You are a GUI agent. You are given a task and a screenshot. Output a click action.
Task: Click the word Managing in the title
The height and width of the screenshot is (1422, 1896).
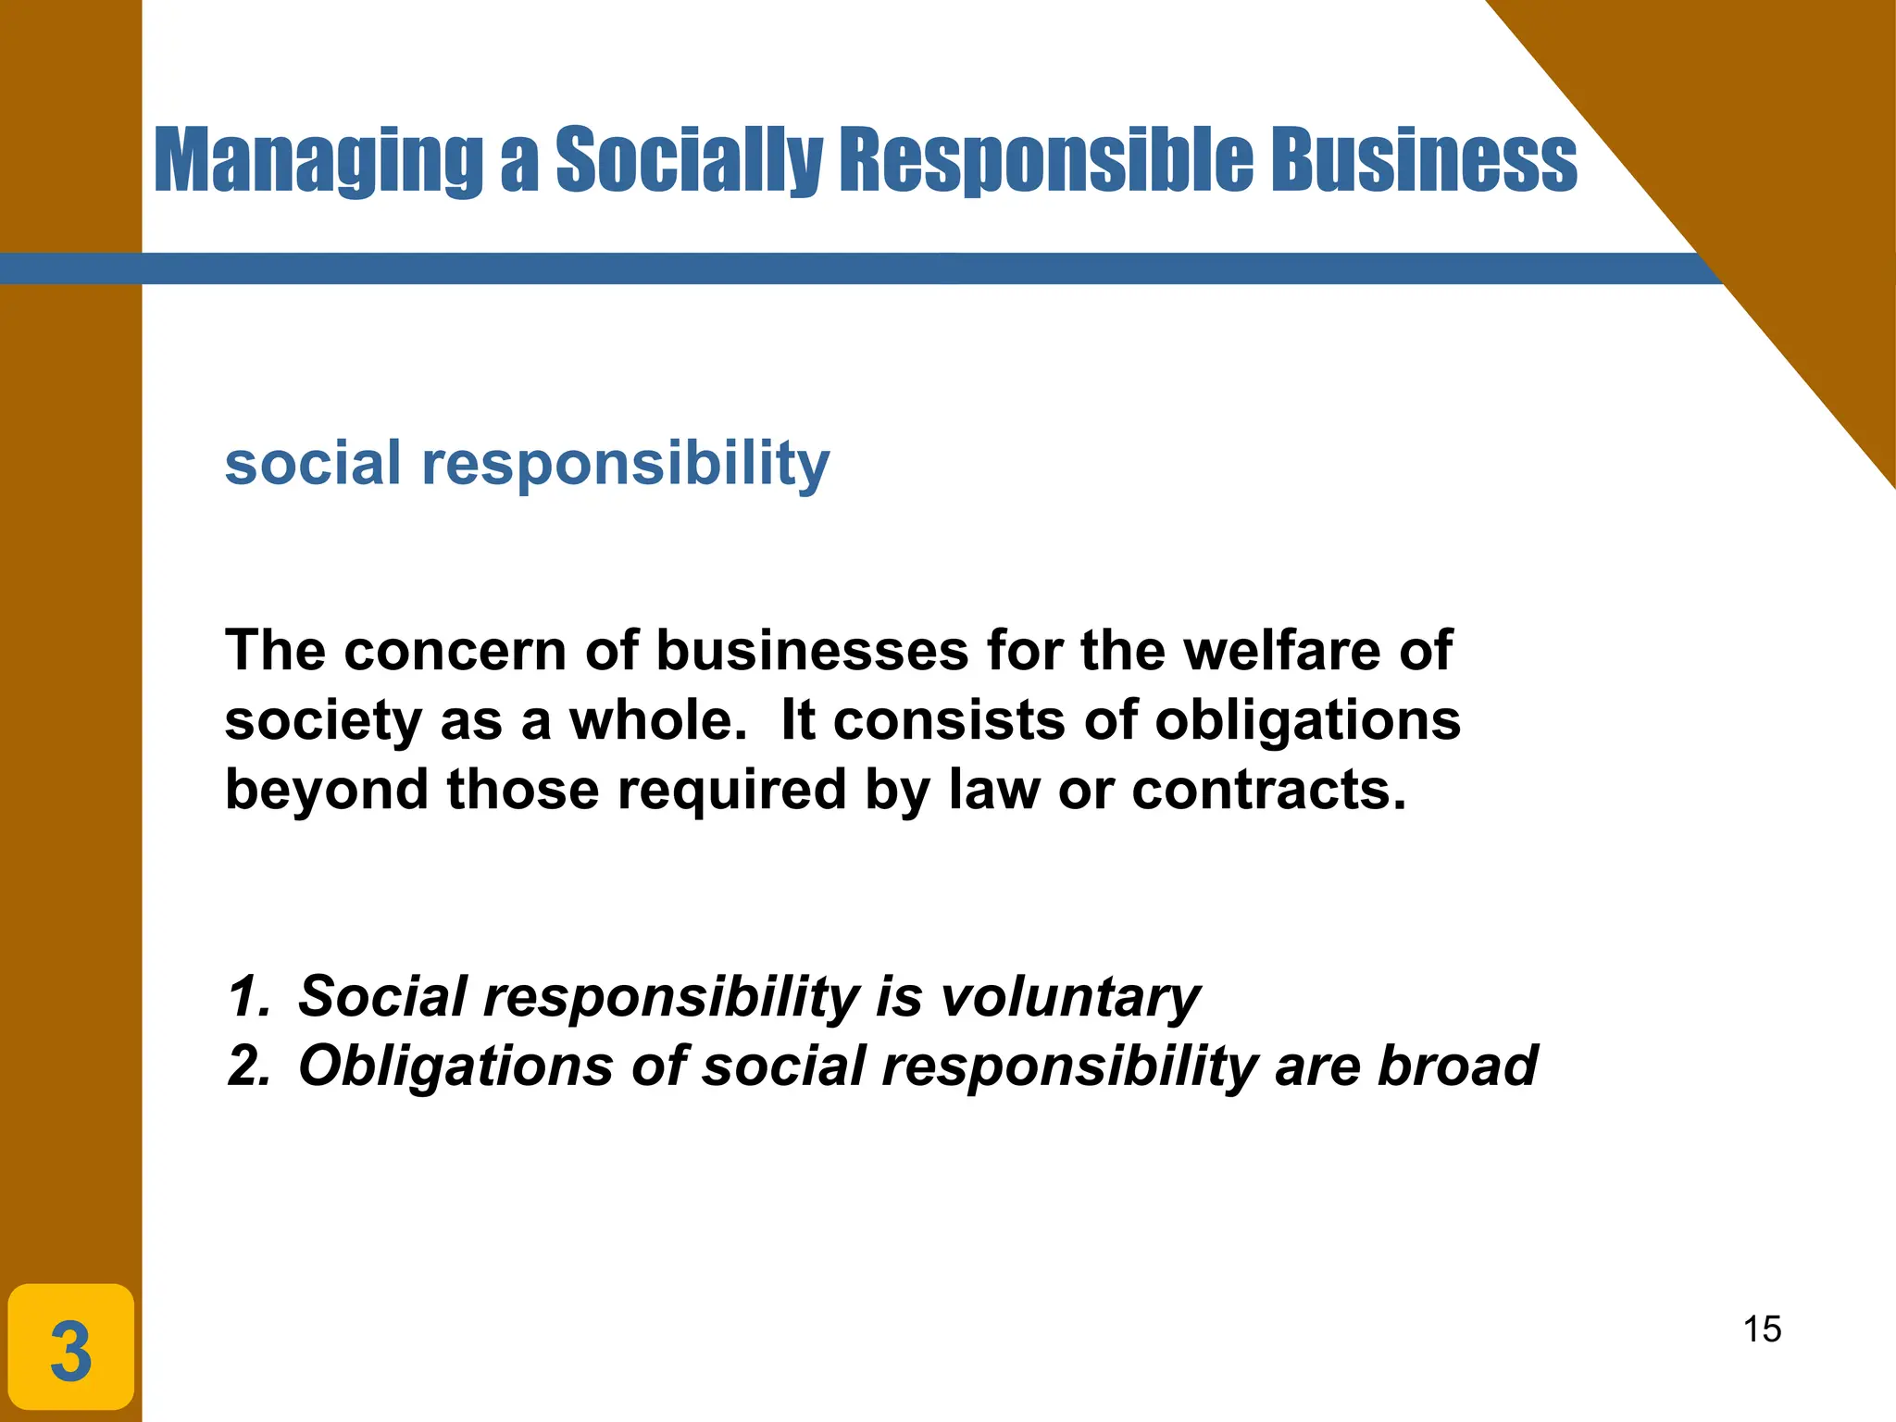pos(318,161)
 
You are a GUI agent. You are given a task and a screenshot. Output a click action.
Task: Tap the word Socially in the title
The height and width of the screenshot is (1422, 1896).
pos(688,161)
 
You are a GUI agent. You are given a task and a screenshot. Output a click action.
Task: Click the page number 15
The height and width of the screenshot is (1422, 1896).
pos(1762,1329)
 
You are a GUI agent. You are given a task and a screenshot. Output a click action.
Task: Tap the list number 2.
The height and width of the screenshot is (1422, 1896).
pos(248,1066)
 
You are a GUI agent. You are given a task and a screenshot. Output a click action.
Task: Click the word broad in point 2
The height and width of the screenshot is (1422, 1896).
pos(1457,1066)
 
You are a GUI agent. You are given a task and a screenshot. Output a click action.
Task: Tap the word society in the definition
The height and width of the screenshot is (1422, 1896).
pos(323,722)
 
